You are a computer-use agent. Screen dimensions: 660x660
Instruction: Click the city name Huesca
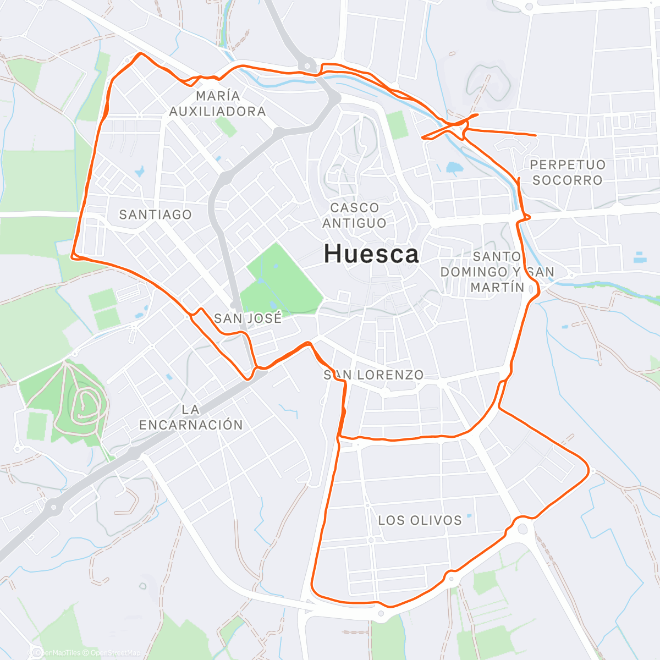point(371,254)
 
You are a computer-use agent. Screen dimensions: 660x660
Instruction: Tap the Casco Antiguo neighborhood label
point(354,215)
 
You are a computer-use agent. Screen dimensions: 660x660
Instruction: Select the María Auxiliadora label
point(217,103)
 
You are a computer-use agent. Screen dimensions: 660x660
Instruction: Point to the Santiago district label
point(156,215)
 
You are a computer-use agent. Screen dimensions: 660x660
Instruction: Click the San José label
point(248,318)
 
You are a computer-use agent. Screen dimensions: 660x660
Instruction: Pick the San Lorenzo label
point(373,375)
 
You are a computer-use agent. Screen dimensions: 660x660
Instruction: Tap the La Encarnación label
point(190,417)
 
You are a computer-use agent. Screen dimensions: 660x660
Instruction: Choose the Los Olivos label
point(420,520)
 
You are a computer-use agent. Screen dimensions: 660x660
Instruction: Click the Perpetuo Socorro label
point(567,172)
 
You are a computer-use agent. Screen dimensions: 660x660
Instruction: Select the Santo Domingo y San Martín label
point(497,272)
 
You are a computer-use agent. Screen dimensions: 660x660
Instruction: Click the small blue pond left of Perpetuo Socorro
point(454,167)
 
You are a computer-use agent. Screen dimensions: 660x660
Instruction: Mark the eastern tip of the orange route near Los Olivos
point(588,470)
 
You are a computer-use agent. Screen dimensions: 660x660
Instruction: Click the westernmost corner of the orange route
point(72,255)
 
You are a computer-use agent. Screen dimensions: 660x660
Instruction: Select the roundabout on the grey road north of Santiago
point(226,178)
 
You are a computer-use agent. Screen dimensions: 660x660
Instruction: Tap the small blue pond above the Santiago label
point(139,171)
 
